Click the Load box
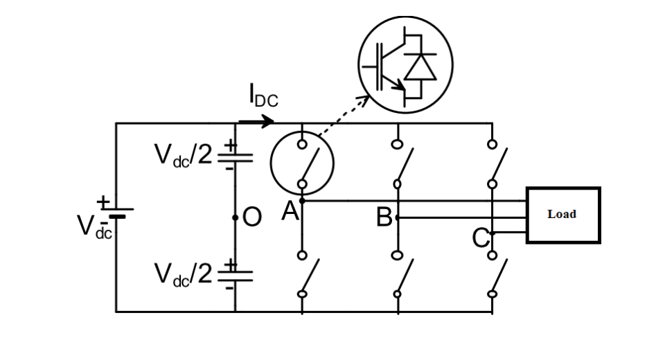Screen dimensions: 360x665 pyautogui.click(x=562, y=215)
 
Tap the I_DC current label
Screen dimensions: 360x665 pyautogui.click(x=263, y=96)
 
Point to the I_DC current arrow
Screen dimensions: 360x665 pyautogui.click(x=256, y=123)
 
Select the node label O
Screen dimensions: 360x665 pyautogui.click(x=253, y=218)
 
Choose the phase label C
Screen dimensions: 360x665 pyautogui.click(x=481, y=238)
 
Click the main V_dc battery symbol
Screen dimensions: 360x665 pyautogui.click(x=116, y=212)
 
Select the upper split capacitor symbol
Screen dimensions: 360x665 pyautogui.click(x=235, y=157)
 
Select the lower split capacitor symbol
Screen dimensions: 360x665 pyautogui.click(x=235, y=275)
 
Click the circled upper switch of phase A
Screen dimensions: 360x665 pyautogui.click(x=303, y=163)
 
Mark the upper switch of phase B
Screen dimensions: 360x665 pyautogui.click(x=398, y=163)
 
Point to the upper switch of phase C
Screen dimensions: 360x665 pyautogui.click(x=493, y=163)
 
